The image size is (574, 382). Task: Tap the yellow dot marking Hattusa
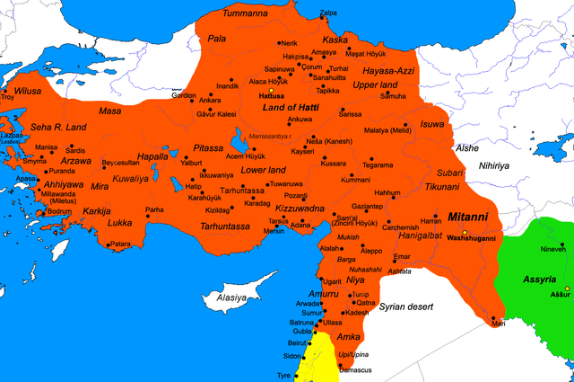(271, 88)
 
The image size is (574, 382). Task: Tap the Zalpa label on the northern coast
(329, 13)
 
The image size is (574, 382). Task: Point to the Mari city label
(499, 324)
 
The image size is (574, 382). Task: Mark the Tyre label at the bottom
(284, 375)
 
